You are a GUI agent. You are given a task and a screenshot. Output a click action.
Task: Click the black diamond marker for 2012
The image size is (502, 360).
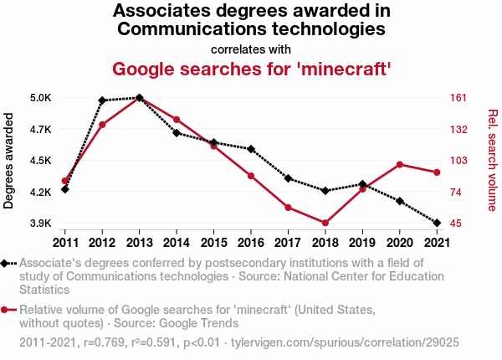[102, 100]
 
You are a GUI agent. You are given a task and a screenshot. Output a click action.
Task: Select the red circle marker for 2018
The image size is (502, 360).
[325, 223]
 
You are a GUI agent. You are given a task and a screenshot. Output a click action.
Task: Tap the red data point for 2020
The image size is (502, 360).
[399, 164]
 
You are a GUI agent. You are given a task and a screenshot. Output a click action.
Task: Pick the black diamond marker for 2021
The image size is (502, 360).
[436, 223]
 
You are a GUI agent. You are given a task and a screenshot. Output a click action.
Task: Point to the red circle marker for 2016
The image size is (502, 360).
[250, 176]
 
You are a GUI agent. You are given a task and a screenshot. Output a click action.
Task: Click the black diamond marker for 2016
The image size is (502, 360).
[250, 149]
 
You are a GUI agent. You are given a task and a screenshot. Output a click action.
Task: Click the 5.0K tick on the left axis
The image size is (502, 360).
[40, 98]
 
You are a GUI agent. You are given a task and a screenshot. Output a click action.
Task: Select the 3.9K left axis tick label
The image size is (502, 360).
[40, 224]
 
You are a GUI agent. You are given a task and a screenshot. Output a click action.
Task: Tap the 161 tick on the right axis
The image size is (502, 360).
[457, 98]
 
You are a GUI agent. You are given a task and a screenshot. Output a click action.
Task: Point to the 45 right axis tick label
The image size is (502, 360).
[454, 224]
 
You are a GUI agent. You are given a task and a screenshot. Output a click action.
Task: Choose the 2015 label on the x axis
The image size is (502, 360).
[213, 243]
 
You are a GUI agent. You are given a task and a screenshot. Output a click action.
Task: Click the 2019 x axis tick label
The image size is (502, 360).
[361, 243]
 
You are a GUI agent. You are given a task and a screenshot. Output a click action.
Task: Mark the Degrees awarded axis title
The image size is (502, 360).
[10, 161]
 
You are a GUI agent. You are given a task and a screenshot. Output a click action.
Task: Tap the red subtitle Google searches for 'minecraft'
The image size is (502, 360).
[251, 68]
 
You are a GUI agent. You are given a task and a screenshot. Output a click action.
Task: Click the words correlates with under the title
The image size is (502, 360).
[251, 48]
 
